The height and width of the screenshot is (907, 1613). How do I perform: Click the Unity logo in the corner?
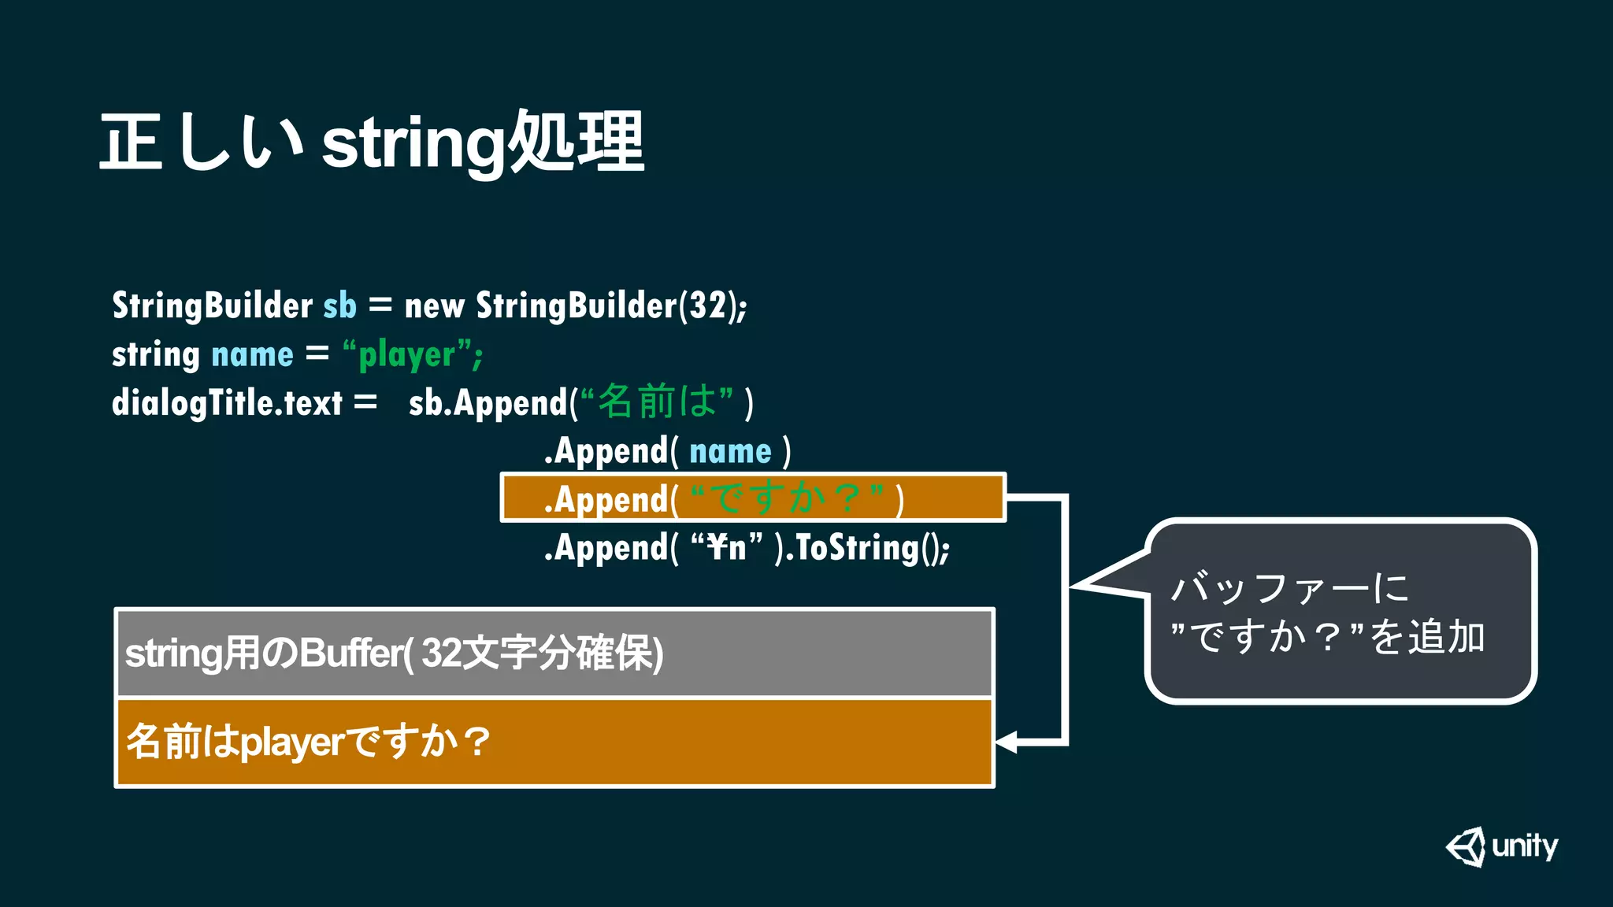[x=1501, y=847]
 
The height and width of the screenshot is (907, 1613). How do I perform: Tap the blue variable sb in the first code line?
[x=339, y=305]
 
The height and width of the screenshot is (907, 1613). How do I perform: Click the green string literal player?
[x=407, y=355]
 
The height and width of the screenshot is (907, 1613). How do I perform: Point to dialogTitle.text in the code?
[x=227, y=403]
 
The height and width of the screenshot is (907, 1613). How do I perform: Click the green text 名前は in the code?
[x=657, y=401]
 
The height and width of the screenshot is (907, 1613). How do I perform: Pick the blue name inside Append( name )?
[x=730, y=451]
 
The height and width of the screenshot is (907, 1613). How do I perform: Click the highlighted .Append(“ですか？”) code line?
[x=753, y=498]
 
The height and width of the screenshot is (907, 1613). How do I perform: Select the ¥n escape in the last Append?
[x=726, y=547]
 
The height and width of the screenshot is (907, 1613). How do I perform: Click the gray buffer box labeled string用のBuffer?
[x=554, y=653]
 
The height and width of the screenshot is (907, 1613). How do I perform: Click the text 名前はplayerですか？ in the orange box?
[x=308, y=742]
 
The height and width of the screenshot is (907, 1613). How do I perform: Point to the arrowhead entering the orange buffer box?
[x=1007, y=742]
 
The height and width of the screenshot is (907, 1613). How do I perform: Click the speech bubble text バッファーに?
[x=1289, y=588]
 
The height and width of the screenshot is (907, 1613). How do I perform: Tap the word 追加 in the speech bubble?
[x=1445, y=637]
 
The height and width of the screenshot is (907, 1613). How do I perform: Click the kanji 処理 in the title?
[x=577, y=142]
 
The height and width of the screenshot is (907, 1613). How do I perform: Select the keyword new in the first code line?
[x=434, y=305]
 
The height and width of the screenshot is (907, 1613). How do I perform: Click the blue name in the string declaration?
[x=252, y=355]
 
